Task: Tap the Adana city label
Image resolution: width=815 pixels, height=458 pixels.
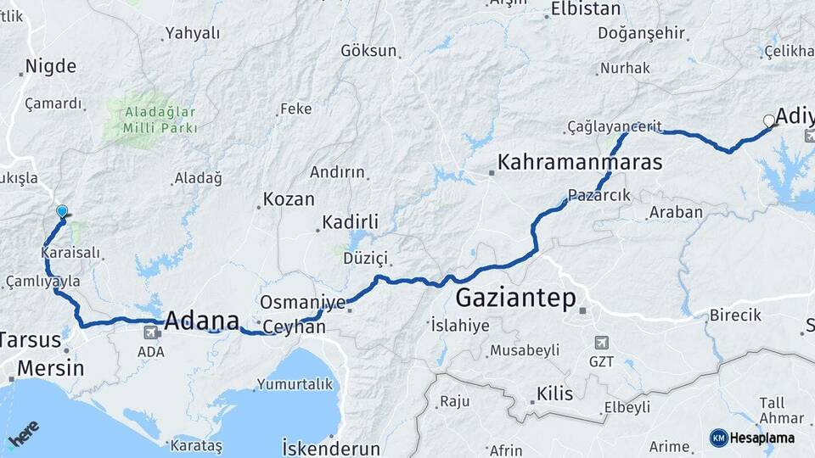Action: pyautogui.click(x=202, y=321)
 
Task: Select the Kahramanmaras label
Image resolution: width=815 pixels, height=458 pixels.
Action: pyautogui.click(x=580, y=161)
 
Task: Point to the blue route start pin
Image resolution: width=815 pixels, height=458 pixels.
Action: pyautogui.click(x=62, y=212)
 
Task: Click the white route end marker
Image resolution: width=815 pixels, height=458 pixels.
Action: pyautogui.click(x=769, y=120)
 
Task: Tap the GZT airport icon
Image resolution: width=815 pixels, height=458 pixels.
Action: pyautogui.click(x=603, y=343)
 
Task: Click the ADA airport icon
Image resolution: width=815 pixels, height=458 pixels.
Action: pyautogui.click(x=150, y=332)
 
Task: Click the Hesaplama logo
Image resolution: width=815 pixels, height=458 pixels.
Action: pyautogui.click(x=752, y=438)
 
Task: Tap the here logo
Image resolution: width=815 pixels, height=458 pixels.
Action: pyautogui.click(x=23, y=435)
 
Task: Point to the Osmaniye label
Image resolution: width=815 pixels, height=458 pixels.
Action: pyautogui.click(x=302, y=302)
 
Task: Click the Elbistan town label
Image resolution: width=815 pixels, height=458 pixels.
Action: pyautogui.click(x=586, y=9)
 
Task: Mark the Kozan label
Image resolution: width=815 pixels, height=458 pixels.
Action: pyautogui.click(x=289, y=200)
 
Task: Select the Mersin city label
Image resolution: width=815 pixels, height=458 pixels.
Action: pyautogui.click(x=51, y=368)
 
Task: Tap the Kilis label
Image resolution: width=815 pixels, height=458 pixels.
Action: pyautogui.click(x=555, y=394)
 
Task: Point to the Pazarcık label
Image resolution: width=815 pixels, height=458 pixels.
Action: pyautogui.click(x=599, y=195)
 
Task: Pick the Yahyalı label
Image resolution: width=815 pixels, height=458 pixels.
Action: pyautogui.click(x=193, y=33)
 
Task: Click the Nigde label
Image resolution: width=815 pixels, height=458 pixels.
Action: pyautogui.click(x=51, y=66)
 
